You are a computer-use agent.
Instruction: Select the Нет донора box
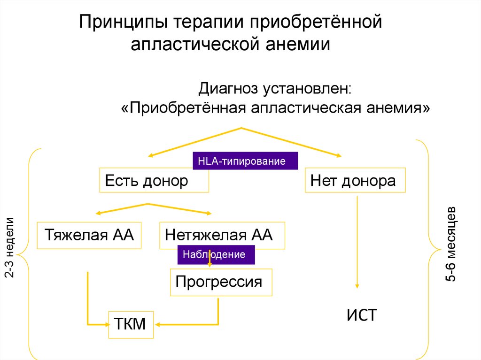point(355,180)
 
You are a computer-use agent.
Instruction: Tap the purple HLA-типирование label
point(245,161)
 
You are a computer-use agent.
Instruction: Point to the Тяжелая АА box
point(89,235)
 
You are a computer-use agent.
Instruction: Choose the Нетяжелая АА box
point(222,235)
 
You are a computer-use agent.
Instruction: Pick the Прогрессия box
point(221,282)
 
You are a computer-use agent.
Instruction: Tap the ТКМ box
point(131,324)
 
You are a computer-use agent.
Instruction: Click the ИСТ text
point(362,315)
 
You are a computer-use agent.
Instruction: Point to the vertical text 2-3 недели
point(10,247)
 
